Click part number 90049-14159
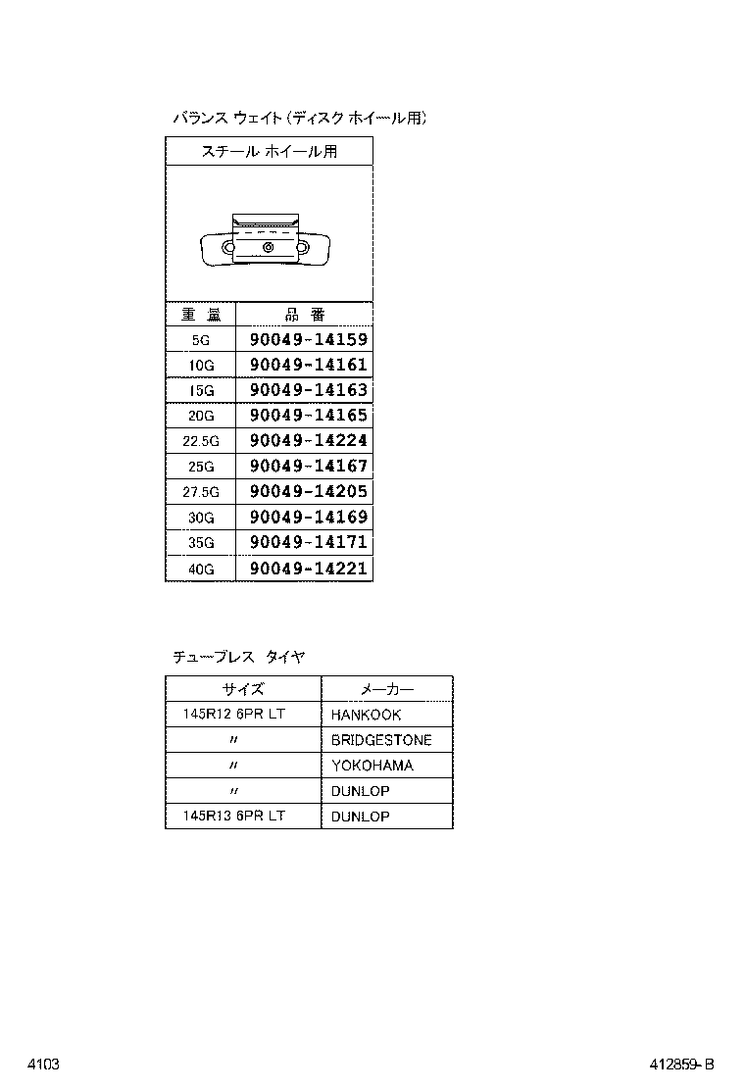[308, 340]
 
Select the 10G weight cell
[201, 366]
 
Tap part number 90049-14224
[308, 441]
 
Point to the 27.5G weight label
[201, 492]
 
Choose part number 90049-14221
[308, 569]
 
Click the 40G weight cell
[201, 569]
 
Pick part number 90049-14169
[308, 518]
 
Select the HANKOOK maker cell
[366, 716]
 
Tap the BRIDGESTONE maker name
[380, 741]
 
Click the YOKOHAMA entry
[372, 767]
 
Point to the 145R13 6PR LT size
[233, 817]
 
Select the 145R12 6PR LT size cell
[233, 715]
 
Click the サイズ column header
[242, 689]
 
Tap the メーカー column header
[387, 689]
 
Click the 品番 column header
[304, 315]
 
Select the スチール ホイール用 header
[269, 152]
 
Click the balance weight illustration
[267, 241]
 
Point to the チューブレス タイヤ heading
[238, 658]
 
